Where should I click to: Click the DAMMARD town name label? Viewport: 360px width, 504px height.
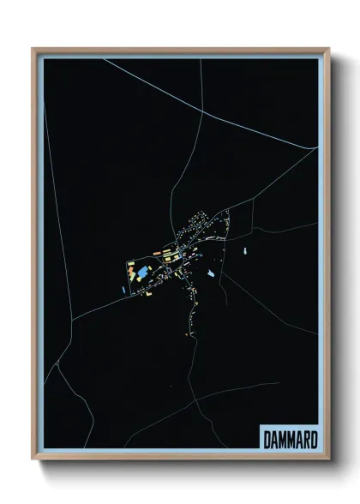coord(288,439)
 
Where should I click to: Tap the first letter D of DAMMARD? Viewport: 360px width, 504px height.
coord(264,439)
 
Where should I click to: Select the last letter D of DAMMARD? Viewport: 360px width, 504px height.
coord(313,439)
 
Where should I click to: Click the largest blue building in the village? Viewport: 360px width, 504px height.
coord(141,273)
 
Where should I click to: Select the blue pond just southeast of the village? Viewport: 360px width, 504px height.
coord(210,274)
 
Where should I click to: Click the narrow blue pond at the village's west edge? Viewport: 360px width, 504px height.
coord(124,288)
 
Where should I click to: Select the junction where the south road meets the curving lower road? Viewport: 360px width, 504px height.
coord(195,399)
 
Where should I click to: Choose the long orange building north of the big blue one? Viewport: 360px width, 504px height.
coord(158,253)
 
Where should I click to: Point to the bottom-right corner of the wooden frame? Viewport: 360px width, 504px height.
coord(329,459)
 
